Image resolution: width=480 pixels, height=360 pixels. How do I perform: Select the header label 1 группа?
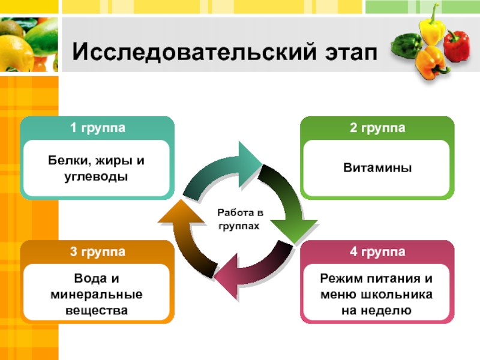[x=98, y=128]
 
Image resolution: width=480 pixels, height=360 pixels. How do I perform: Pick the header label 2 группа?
[x=377, y=128]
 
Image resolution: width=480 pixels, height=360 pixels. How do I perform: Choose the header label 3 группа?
[x=98, y=251]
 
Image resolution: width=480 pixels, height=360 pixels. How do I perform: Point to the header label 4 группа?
[x=377, y=251]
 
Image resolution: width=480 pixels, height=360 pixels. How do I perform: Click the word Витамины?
[x=377, y=169]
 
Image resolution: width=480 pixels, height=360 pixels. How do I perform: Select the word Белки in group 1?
[x=66, y=161]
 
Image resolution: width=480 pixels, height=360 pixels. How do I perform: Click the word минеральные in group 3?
[x=98, y=295]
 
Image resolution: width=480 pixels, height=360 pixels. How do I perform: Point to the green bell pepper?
[x=405, y=45]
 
